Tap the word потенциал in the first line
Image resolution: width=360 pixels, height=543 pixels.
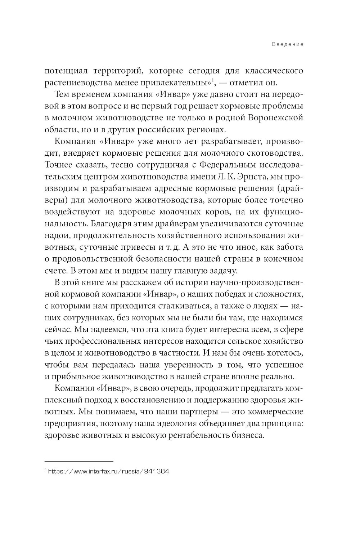click(66, 71)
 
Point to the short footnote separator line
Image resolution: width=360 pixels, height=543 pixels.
click(79, 461)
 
